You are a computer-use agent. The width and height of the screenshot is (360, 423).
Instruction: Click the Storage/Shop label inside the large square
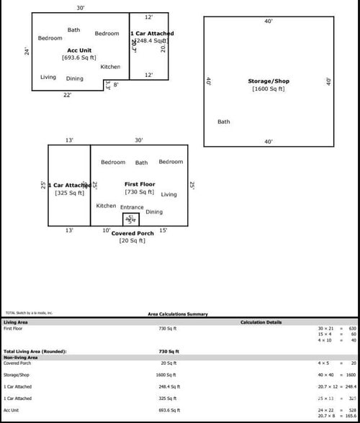pyautogui.click(x=268, y=81)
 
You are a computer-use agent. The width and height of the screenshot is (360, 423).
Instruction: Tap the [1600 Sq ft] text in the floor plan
pyautogui.click(x=268, y=89)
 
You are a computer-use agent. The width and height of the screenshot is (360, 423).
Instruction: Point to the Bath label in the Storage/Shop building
pyautogui.click(x=224, y=122)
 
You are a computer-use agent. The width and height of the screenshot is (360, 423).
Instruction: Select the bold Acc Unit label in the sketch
pyautogui.click(x=79, y=50)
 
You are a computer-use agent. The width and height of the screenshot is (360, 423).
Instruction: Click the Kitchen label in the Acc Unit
pyautogui.click(x=110, y=67)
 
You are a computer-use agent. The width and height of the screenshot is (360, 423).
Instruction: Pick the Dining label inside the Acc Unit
pyautogui.click(x=75, y=78)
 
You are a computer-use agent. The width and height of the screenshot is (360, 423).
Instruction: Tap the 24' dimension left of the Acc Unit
pyautogui.click(x=27, y=51)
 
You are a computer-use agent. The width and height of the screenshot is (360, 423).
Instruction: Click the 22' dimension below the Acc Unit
pyautogui.click(x=67, y=95)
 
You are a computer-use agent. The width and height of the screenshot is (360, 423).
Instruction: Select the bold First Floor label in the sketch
pyautogui.click(x=140, y=184)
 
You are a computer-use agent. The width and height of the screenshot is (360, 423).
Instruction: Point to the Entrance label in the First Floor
pyautogui.click(x=132, y=207)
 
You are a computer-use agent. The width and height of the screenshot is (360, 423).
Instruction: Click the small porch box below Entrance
pyautogui.click(x=131, y=219)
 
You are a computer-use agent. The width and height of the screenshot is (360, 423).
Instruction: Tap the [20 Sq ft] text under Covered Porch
pyautogui.click(x=132, y=240)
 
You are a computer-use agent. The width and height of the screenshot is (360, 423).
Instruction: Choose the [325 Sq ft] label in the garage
pyautogui.click(x=69, y=193)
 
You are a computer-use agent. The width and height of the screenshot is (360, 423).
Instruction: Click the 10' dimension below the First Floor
pyautogui.click(x=107, y=230)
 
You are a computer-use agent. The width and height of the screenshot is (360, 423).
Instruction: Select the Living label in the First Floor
pyautogui.click(x=168, y=194)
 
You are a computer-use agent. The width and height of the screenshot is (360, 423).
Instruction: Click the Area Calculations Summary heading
pyautogui.click(x=178, y=314)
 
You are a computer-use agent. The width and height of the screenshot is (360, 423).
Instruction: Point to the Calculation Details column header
pyautogui.click(x=261, y=322)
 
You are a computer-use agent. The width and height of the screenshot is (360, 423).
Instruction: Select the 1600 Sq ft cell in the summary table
pyautogui.click(x=168, y=375)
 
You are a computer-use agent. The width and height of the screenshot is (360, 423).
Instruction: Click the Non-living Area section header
pyautogui.click(x=21, y=357)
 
